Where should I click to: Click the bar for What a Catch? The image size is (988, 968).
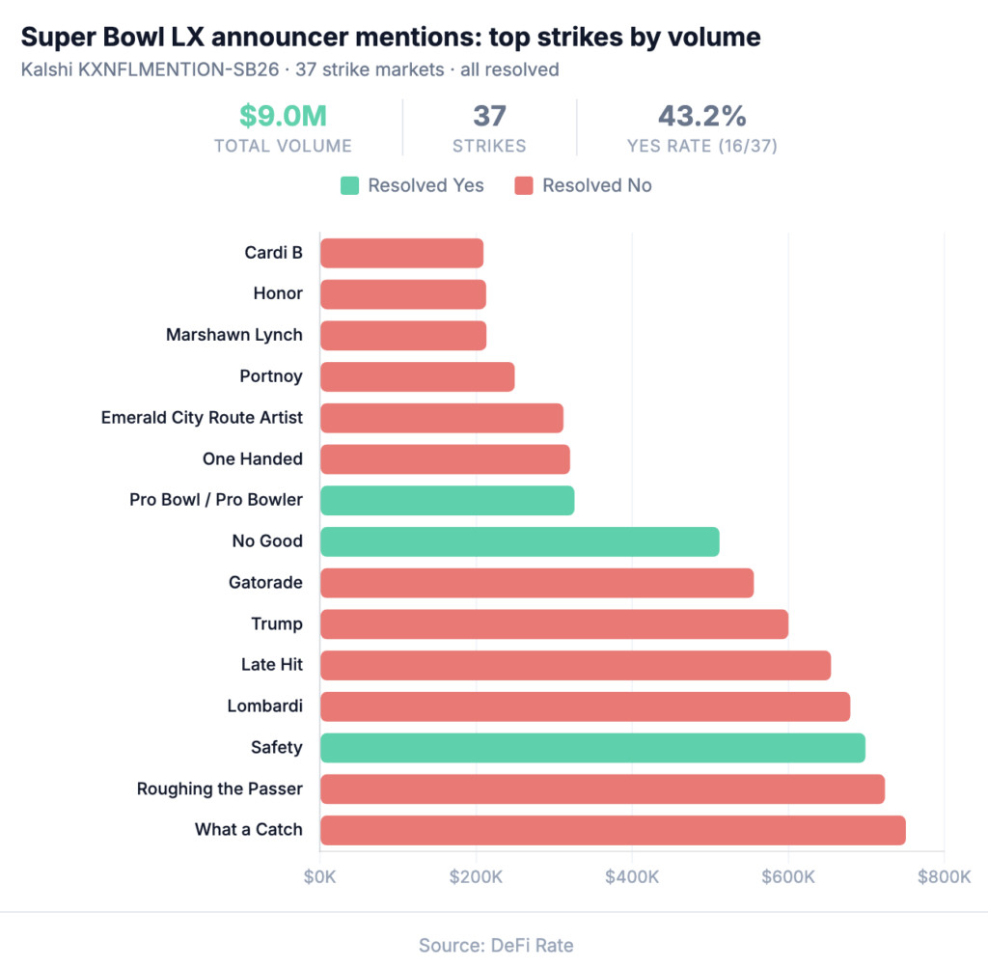[613, 830]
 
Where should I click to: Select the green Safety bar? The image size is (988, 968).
[592, 747]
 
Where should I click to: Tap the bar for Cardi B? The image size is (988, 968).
[401, 253]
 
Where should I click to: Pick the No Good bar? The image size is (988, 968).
[519, 541]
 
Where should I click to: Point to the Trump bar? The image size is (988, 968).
[554, 623]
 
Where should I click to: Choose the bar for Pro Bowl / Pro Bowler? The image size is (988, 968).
[447, 500]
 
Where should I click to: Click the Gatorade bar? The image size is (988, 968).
[536, 583]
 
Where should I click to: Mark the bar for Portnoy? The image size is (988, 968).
[417, 376]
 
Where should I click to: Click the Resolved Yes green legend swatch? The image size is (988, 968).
[348, 185]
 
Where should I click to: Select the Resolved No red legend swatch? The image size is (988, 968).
[523, 185]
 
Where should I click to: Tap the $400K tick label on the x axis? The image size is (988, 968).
[631, 877]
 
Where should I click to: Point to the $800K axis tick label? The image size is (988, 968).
[944, 877]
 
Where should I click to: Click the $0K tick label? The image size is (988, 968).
[320, 877]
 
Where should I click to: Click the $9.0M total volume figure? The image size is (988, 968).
[283, 117]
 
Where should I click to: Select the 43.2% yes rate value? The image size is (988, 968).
[701, 117]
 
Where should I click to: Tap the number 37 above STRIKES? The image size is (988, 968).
[489, 117]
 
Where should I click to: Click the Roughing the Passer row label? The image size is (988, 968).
[220, 788]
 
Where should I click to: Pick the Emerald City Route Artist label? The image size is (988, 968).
[202, 418]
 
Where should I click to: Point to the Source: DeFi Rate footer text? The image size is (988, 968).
[495, 945]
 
